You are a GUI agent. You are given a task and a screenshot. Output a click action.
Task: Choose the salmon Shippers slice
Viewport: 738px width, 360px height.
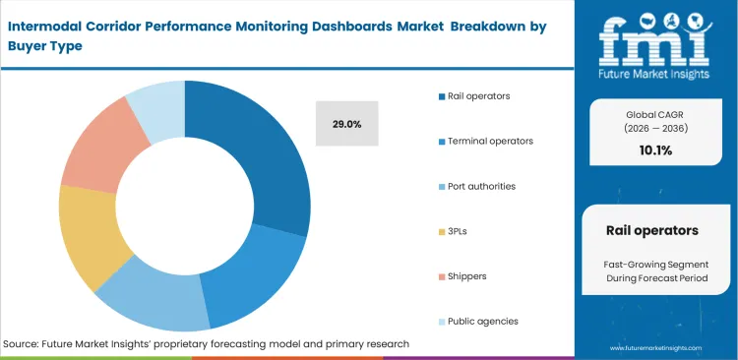click(98, 149)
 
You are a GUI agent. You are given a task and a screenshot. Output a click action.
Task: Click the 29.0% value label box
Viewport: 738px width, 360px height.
click(346, 124)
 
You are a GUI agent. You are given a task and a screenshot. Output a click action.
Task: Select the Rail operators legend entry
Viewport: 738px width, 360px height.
click(478, 95)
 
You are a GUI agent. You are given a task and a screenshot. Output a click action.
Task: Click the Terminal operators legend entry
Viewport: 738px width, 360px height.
click(489, 141)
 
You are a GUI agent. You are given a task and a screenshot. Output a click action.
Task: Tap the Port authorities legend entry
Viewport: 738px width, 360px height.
click(480, 186)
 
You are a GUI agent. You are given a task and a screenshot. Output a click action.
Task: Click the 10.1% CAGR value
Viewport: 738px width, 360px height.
click(655, 150)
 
